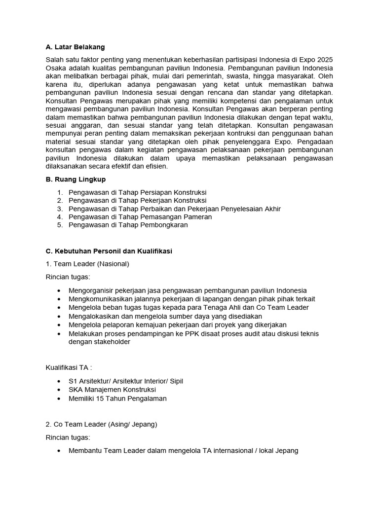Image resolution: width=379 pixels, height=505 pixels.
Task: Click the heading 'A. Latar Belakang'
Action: point(75,47)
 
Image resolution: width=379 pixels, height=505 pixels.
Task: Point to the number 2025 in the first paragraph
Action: point(324,60)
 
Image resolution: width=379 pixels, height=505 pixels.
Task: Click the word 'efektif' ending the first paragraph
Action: point(126,166)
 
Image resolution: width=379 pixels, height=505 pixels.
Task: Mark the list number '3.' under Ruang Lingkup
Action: point(60,209)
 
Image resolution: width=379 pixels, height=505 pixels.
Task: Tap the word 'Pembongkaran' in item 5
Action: point(165,225)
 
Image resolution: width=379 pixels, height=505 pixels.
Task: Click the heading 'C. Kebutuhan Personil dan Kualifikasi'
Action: point(109,251)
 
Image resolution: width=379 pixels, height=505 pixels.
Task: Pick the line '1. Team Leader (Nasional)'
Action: point(87,264)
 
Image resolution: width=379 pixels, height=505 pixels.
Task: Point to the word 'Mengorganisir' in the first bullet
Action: point(91,290)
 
